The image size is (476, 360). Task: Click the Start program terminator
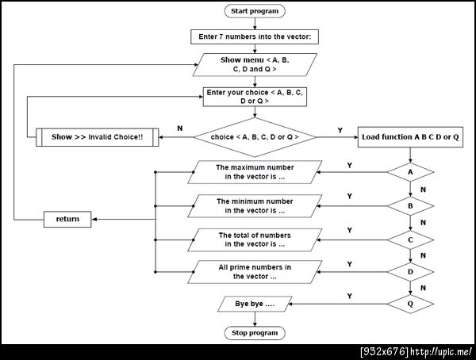pyautogui.click(x=255, y=11)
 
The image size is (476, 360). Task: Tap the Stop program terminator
pyautogui.click(x=255, y=333)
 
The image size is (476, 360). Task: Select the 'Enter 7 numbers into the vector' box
pyautogui.click(x=255, y=36)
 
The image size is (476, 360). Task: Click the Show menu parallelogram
pyautogui.click(x=255, y=65)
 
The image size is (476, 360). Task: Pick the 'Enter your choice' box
pyautogui.click(x=255, y=97)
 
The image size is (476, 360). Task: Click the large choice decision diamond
pyautogui.click(x=255, y=137)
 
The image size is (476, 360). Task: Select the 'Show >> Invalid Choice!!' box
pyautogui.click(x=97, y=137)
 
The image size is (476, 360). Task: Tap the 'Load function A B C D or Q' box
pyautogui.click(x=410, y=137)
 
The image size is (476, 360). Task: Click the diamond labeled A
pyautogui.click(x=410, y=172)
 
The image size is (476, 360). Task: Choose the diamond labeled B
pyautogui.click(x=410, y=206)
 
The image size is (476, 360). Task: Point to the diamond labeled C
pyautogui.click(x=410, y=239)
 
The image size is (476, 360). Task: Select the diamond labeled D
pyautogui.click(x=410, y=272)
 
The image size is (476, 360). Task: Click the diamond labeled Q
pyautogui.click(x=410, y=304)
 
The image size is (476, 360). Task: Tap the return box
pyautogui.click(x=67, y=219)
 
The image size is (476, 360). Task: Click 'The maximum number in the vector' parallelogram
pyautogui.click(x=255, y=172)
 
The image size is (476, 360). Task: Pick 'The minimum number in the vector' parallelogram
pyautogui.click(x=255, y=206)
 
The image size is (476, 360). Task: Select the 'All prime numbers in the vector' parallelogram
pyautogui.click(x=255, y=272)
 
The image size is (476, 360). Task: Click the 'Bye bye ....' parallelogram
pyautogui.click(x=255, y=304)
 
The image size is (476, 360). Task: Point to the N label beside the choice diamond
pyautogui.click(x=180, y=128)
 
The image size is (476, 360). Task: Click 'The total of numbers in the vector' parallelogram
pyautogui.click(x=255, y=239)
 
